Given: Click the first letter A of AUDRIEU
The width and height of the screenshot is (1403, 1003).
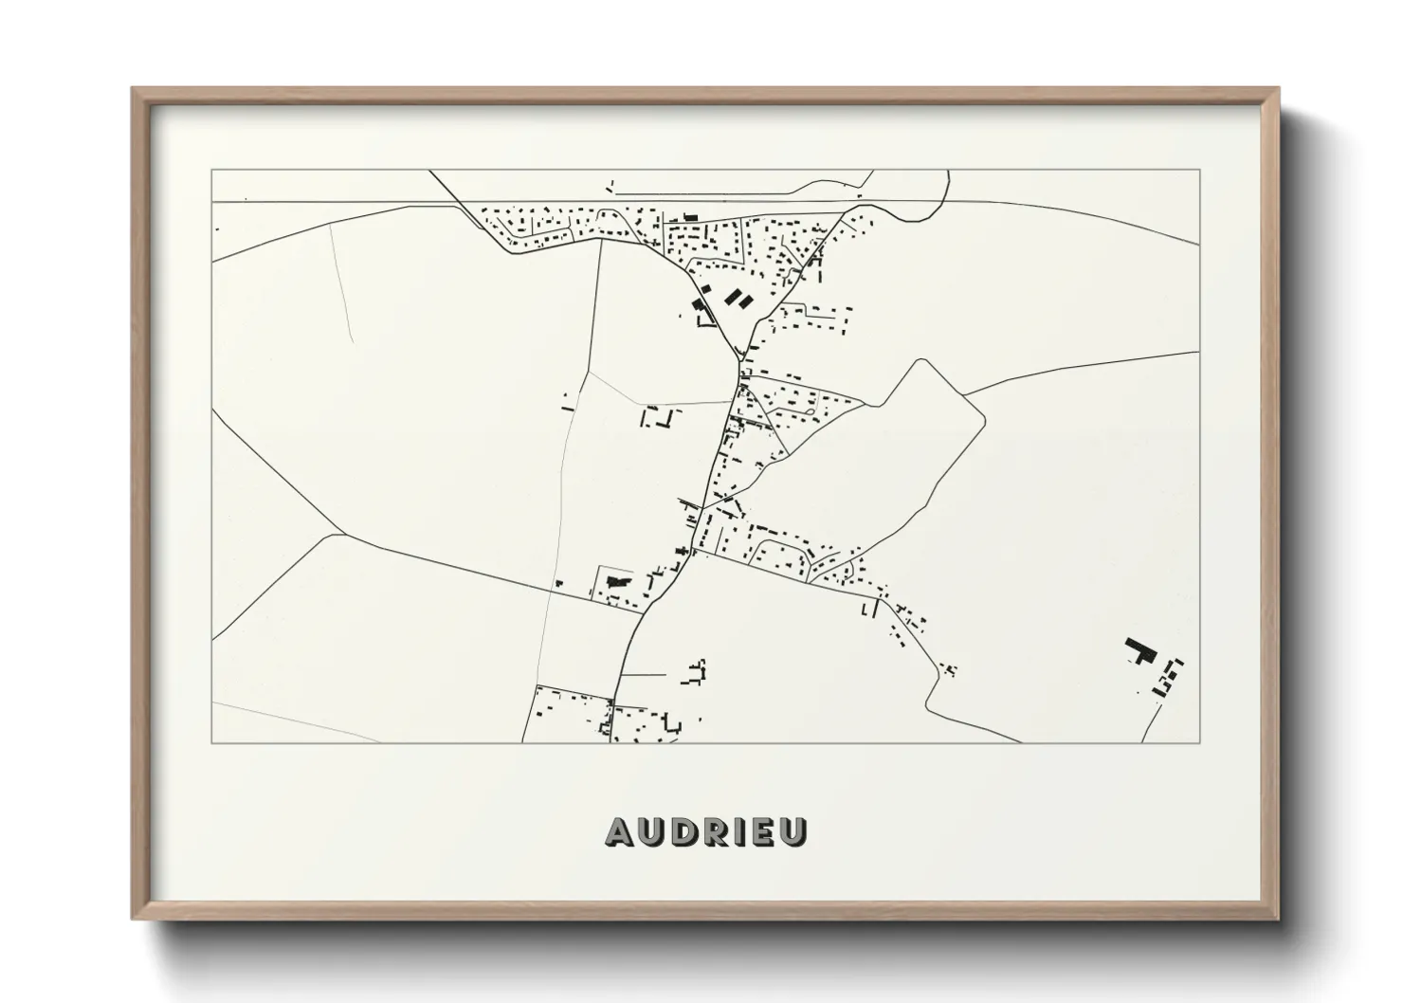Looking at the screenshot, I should point(619,831).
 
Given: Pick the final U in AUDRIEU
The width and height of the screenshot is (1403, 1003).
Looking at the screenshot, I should point(793,831).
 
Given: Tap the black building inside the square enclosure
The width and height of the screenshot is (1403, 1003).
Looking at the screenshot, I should point(617,578).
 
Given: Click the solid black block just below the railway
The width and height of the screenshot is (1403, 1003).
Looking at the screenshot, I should point(689,217).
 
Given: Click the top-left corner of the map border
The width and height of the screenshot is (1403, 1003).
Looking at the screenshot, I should point(211,170).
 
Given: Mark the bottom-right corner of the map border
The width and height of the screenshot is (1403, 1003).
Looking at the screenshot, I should point(1199,742).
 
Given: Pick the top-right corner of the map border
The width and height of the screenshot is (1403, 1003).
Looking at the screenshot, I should point(1199,170).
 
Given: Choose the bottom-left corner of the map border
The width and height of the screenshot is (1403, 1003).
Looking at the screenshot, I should point(211,742).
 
